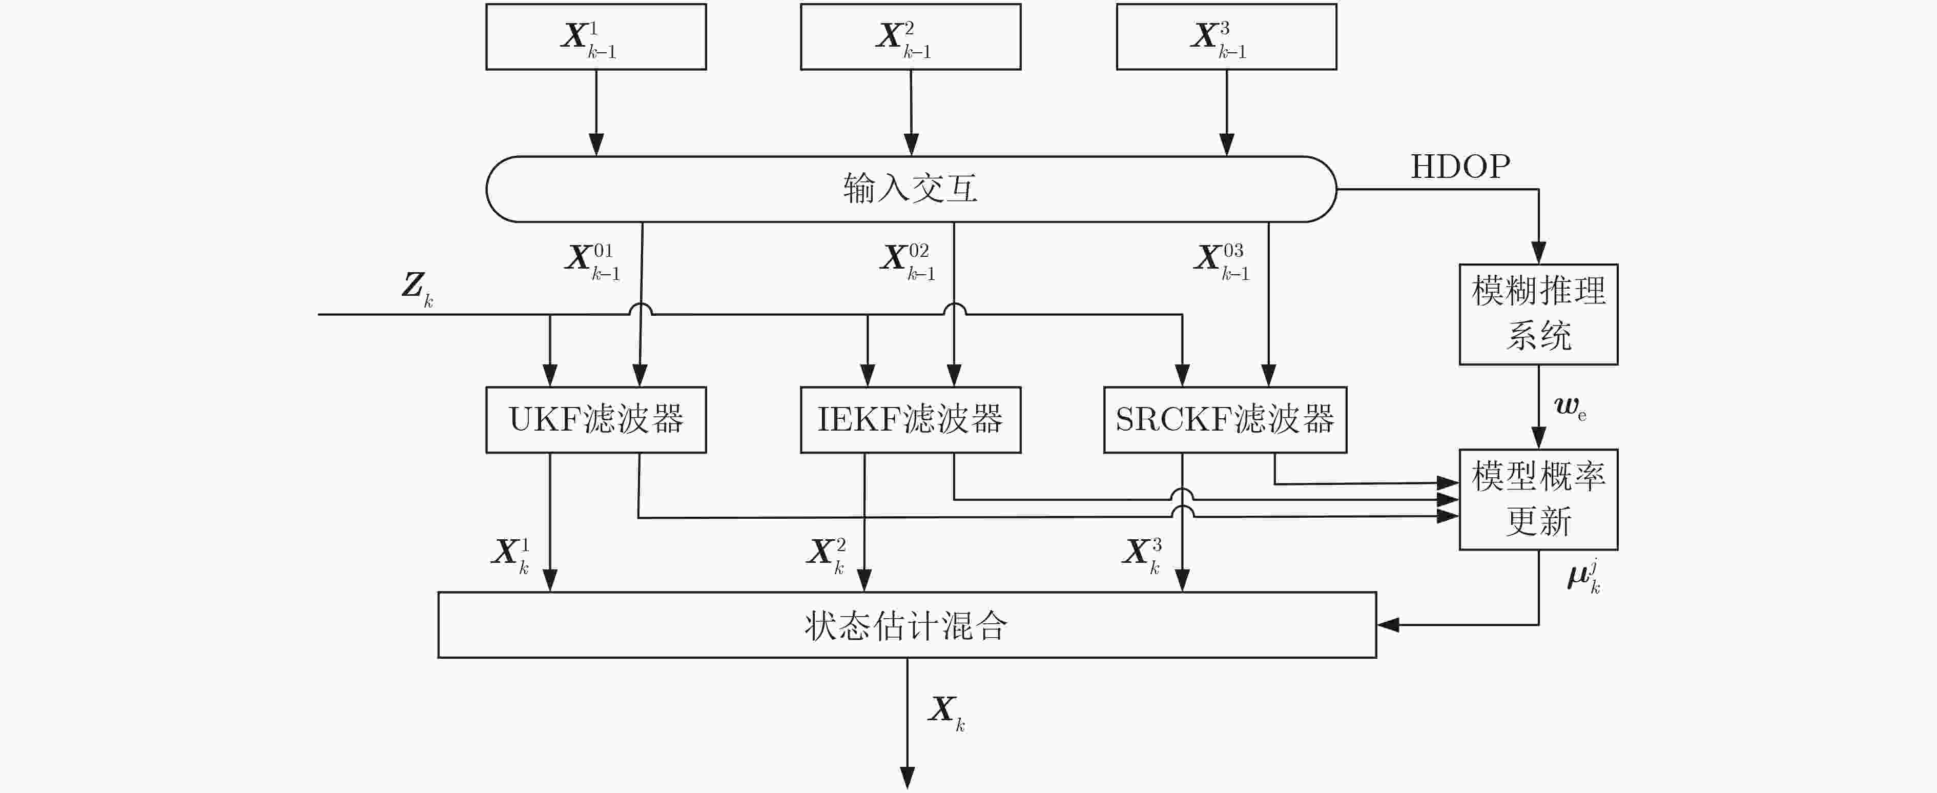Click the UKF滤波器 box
click(x=595, y=420)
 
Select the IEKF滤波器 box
click(x=911, y=420)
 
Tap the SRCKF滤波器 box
click(x=1225, y=420)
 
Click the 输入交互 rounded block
click(x=911, y=189)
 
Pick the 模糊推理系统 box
click(x=1538, y=315)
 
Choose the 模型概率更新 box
click(x=1538, y=500)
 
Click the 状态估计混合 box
click(x=907, y=625)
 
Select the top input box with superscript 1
click(x=595, y=37)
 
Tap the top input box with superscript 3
click(x=1226, y=37)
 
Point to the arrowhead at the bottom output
click(x=908, y=778)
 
